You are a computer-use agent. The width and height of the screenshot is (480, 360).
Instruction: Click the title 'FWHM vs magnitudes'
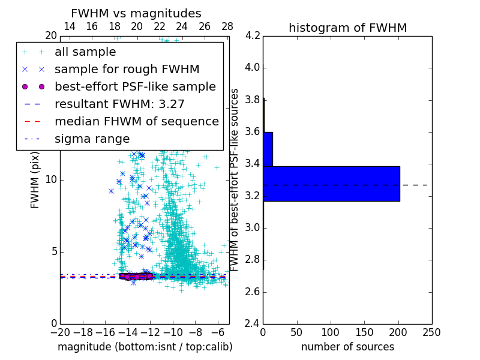(x=136, y=13)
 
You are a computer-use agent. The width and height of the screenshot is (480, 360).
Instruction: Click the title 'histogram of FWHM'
(x=347, y=28)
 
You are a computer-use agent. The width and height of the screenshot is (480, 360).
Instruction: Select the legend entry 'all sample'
(x=85, y=52)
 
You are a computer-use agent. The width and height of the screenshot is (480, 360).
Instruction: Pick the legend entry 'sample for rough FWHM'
(x=127, y=69)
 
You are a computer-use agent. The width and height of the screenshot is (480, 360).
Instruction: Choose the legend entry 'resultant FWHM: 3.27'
(x=119, y=104)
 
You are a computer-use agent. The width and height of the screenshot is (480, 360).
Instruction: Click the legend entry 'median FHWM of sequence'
(x=136, y=121)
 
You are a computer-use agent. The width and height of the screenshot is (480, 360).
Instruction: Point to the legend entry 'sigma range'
(x=92, y=139)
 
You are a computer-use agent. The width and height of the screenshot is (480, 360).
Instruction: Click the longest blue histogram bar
(x=331, y=184)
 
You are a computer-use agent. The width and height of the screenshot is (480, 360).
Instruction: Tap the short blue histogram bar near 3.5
(x=268, y=149)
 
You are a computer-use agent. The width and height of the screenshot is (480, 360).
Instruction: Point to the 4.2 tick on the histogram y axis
(x=252, y=36)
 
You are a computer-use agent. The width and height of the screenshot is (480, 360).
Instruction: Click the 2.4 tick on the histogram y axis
(x=252, y=324)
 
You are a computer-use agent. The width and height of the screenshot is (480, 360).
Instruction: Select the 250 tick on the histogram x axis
(x=431, y=332)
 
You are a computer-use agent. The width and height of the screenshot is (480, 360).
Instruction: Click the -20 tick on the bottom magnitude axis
(x=60, y=332)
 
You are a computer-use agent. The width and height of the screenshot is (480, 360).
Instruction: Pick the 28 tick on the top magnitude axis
(x=227, y=26)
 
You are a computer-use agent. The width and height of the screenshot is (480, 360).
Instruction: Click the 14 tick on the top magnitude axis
(x=69, y=26)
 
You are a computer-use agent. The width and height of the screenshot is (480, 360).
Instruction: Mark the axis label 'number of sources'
(x=347, y=347)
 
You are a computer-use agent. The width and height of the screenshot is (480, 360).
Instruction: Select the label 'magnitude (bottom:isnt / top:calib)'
(x=145, y=347)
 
